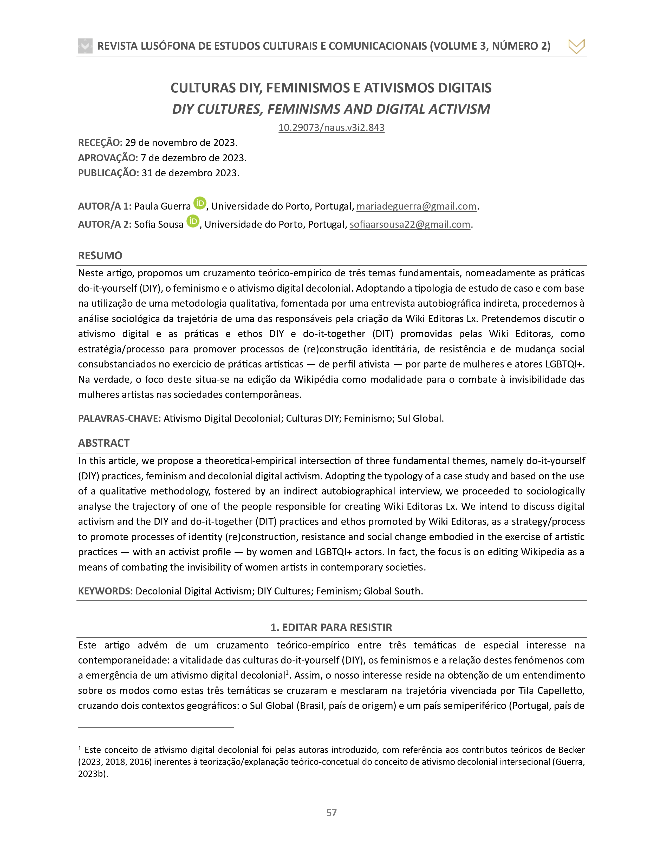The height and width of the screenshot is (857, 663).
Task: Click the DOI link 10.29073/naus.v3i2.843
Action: (x=331, y=128)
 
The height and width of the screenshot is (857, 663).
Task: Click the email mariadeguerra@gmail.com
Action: (x=416, y=206)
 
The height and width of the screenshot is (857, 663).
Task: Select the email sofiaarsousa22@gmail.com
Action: (x=410, y=224)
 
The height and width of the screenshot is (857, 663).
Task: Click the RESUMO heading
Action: (x=100, y=256)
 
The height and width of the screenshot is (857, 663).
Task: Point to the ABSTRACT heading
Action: (x=104, y=443)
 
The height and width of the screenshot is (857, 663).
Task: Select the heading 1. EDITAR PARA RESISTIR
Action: (x=331, y=627)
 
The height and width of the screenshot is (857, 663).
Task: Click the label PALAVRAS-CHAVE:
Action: (x=119, y=418)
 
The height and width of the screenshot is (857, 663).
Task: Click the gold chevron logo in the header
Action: (x=576, y=46)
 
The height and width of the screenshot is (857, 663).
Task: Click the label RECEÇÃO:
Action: (x=100, y=142)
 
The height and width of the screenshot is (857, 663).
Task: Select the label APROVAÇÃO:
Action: (x=108, y=158)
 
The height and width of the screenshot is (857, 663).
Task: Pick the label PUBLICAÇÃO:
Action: (x=108, y=173)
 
